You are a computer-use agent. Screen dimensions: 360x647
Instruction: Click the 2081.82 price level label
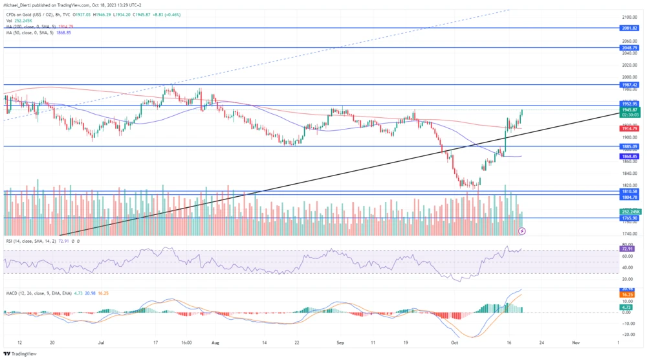(630, 28)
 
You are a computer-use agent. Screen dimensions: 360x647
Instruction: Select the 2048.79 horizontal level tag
(630, 48)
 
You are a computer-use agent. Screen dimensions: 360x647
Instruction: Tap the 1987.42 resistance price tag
(630, 85)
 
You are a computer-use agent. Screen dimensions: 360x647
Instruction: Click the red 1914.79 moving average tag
(630, 129)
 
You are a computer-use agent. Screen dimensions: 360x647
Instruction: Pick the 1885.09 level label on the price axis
(630, 146)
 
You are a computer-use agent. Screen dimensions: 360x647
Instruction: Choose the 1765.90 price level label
(630, 218)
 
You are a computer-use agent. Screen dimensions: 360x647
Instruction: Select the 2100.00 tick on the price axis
(630, 17)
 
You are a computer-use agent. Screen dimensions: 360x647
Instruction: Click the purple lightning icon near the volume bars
(522, 230)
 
